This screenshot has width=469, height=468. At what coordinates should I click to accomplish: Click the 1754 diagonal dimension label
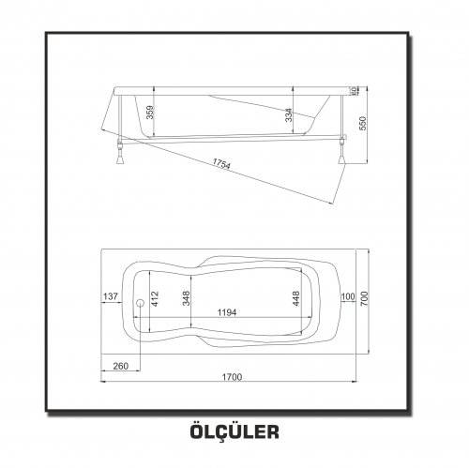(221, 163)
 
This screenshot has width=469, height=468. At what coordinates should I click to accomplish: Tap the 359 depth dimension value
(150, 113)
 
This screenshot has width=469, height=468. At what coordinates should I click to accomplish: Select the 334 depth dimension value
(289, 114)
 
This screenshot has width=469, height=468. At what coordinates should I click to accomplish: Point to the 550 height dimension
(362, 123)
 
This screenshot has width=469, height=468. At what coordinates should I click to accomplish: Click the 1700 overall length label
(232, 377)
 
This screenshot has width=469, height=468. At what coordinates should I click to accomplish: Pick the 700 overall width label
(364, 298)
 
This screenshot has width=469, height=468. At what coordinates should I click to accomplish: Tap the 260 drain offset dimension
(121, 366)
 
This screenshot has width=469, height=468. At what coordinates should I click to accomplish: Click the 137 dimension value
(111, 296)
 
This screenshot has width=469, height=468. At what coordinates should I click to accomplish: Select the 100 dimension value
(348, 296)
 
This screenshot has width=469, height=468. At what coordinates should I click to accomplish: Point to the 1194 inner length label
(227, 312)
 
